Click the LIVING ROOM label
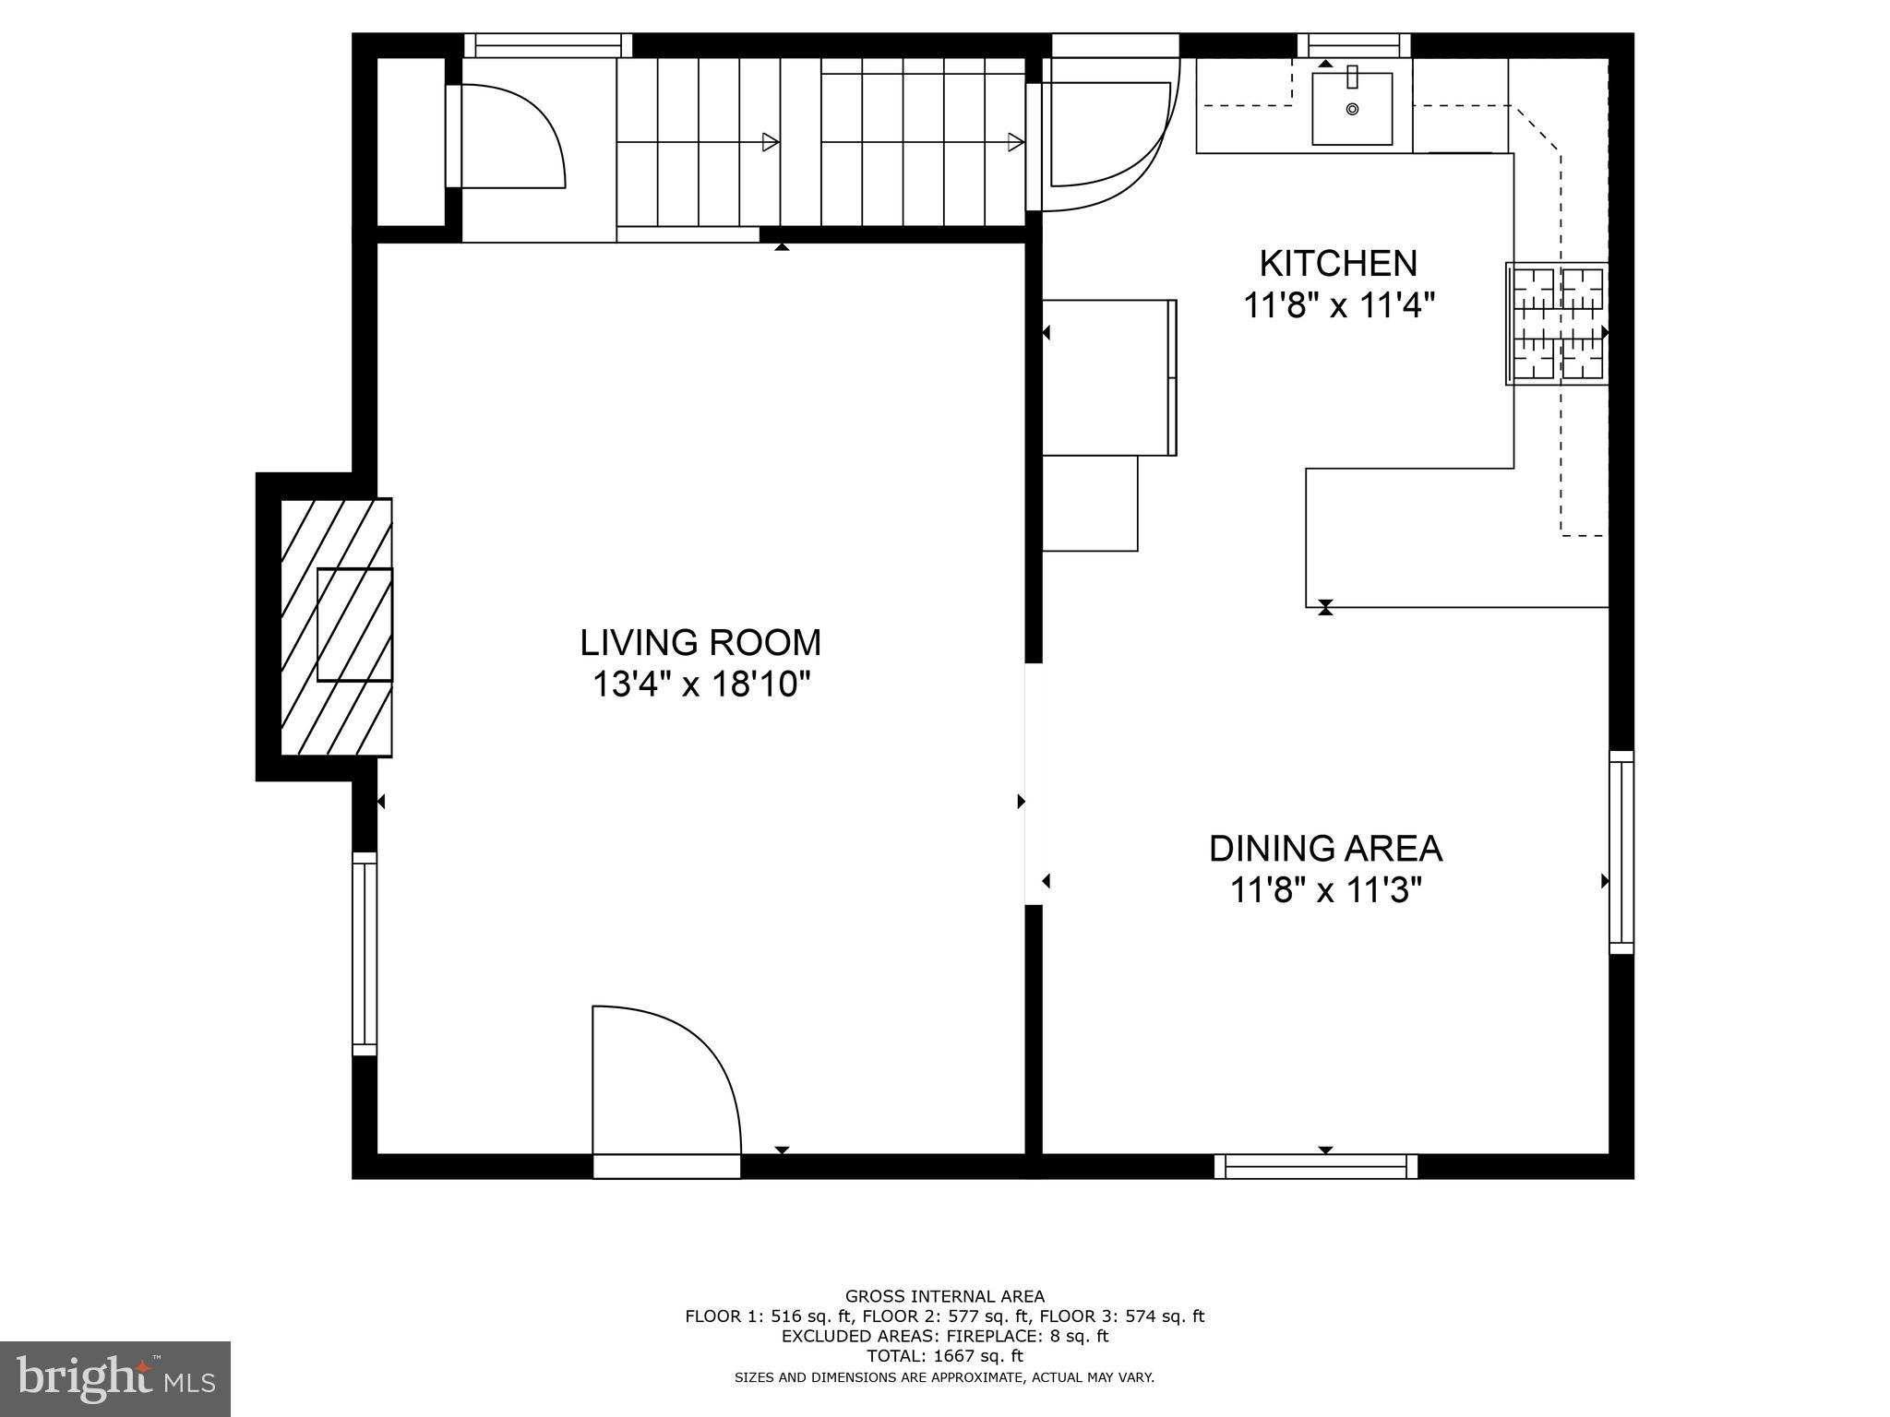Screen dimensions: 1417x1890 tap(700, 642)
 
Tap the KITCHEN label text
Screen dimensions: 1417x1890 tap(1337, 264)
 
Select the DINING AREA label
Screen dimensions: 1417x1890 tap(1325, 849)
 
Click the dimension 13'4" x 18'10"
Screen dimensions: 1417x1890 tap(700, 685)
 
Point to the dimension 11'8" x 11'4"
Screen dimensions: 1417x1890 tap(1339, 305)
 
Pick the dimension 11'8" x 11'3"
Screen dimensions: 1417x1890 tap(1325, 891)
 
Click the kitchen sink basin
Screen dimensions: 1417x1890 tap(1352, 109)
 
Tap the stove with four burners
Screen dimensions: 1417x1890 tap(1558, 324)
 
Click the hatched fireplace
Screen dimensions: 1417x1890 tap(337, 627)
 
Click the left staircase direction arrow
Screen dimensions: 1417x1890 tap(769, 142)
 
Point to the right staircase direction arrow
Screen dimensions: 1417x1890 tap(1015, 142)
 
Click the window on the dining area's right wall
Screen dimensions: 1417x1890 tap(1621, 852)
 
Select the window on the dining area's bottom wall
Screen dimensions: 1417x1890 tap(1316, 1167)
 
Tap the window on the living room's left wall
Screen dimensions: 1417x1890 tap(365, 954)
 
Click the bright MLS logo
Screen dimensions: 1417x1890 tap(115, 1379)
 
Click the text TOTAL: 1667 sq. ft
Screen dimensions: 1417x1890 tap(944, 1356)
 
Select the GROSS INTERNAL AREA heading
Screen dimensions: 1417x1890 tap(944, 1296)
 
